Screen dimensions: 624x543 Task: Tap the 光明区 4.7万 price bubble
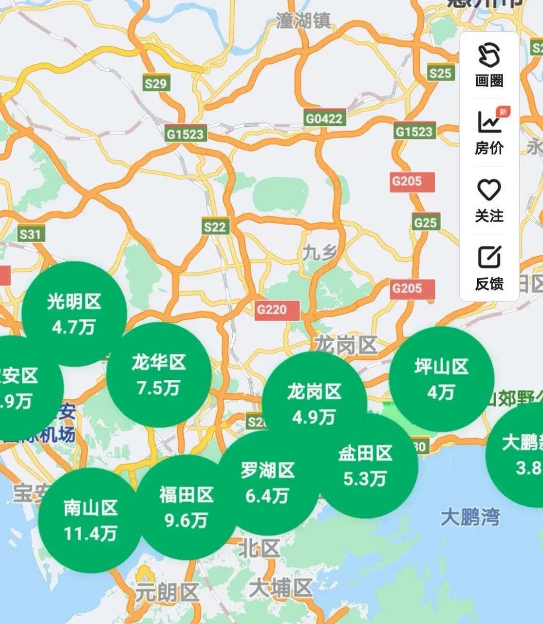click(x=74, y=313)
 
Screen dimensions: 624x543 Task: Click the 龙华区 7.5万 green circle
click(x=159, y=374)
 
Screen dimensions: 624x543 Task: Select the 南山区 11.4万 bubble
click(x=90, y=520)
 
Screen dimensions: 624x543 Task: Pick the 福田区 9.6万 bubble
click(x=187, y=507)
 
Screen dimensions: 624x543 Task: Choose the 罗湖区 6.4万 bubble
click(x=267, y=483)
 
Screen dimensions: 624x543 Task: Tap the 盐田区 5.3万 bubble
click(x=365, y=466)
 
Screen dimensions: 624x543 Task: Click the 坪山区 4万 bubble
click(x=441, y=379)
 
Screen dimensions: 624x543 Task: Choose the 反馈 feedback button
click(x=489, y=268)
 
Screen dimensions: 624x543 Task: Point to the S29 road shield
click(x=156, y=83)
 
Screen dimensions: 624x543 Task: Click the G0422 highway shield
click(x=324, y=118)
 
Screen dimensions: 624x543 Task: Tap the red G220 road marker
click(x=272, y=310)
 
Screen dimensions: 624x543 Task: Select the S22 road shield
click(x=215, y=227)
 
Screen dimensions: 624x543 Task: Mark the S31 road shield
click(x=30, y=234)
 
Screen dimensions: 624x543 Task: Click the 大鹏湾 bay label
click(x=470, y=517)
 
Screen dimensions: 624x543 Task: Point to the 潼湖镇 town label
click(x=303, y=20)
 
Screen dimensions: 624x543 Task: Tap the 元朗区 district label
click(x=167, y=593)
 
